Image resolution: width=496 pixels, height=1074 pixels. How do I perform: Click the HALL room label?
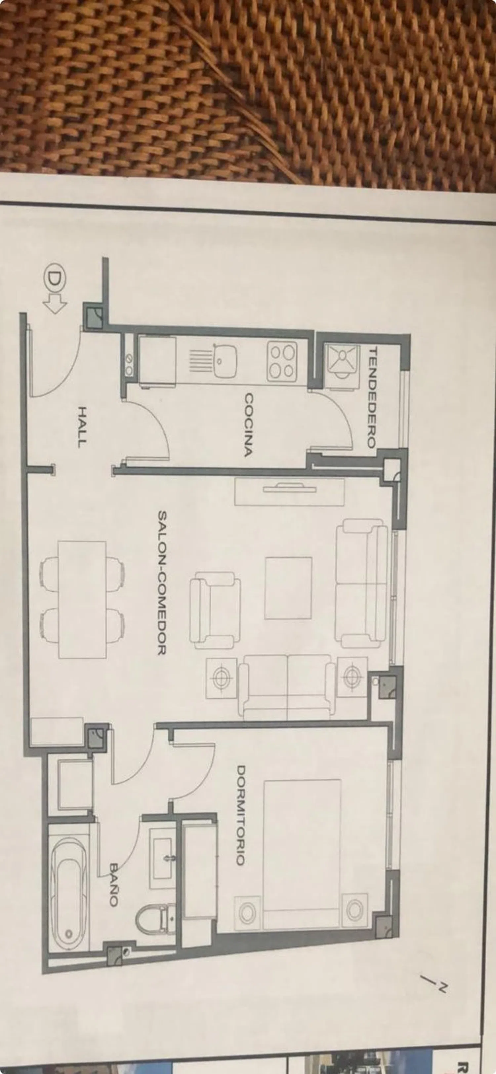click(82, 427)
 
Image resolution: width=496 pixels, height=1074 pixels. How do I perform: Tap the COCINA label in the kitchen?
click(249, 425)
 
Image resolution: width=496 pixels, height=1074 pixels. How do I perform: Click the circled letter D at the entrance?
click(53, 280)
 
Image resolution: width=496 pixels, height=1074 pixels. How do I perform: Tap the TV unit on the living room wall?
click(290, 492)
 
